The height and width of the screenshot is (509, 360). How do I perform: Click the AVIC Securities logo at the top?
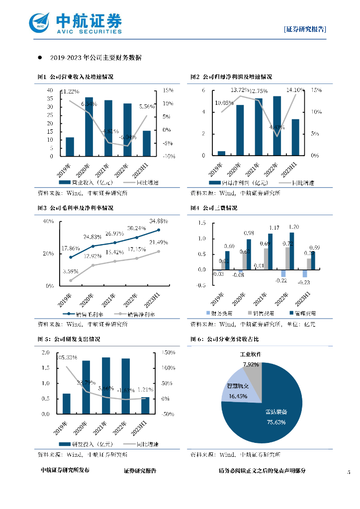(x=75, y=22)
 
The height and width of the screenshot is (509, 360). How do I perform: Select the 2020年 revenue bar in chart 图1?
(x=89, y=127)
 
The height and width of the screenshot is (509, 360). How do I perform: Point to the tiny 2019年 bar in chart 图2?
(x=221, y=153)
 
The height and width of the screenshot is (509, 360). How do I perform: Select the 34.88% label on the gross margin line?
(x=158, y=221)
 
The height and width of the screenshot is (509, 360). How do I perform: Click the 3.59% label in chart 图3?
(x=70, y=271)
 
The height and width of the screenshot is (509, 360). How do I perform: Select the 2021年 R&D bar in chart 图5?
(x=106, y=385)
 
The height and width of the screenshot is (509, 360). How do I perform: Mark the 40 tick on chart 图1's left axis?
(x=50, y=90)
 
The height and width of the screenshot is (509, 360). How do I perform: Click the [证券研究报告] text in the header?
(x=305, y=29)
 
